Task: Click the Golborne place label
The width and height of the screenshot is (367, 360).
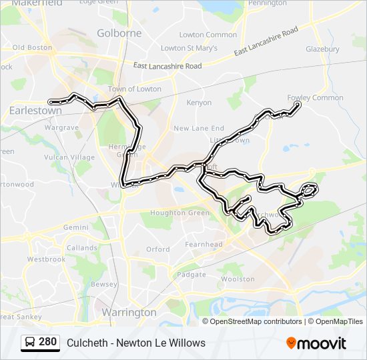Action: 119,33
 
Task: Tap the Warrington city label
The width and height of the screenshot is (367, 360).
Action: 129,312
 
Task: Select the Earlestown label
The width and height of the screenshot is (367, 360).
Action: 35,111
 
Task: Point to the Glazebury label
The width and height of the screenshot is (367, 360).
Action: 322,49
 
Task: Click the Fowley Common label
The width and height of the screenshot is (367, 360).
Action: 315,98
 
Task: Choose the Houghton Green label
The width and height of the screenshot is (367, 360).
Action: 180,213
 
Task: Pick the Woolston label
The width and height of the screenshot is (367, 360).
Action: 238,279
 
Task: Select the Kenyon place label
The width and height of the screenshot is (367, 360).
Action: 199,103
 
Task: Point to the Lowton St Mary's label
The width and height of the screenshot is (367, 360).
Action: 190,48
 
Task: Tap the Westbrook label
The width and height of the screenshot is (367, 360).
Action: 46,259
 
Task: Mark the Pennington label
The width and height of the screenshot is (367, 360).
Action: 267,3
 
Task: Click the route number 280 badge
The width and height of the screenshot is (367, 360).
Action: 47,342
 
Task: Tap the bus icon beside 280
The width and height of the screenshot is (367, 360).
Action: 30,343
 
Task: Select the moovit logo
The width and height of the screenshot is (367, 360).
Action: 316,343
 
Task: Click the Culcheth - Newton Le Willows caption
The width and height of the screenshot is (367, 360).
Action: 136,343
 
